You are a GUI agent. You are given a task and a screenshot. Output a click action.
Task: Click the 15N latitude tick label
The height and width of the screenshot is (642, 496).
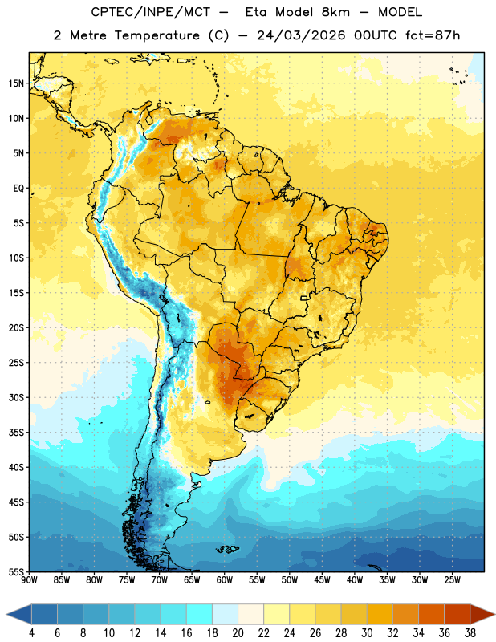click(x=16, y=83)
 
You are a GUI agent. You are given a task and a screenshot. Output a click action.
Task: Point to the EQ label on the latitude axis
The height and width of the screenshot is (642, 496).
click(x=18, y=189)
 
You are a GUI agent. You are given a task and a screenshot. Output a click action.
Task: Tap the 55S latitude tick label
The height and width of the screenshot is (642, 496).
click(x=16, y=571)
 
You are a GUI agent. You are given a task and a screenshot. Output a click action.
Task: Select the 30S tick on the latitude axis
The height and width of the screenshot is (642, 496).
click(x=16, y=397)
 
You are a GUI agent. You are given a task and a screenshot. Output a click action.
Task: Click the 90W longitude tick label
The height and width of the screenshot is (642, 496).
click(x=29, y=580)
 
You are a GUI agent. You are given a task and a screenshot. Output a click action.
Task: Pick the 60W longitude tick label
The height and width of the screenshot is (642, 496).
click(x=225, y=580)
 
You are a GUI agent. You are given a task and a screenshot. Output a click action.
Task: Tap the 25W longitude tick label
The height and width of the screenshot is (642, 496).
click(x=452, y=580)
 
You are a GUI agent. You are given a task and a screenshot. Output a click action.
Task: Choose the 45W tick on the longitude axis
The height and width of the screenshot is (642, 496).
click(x=322, y=580)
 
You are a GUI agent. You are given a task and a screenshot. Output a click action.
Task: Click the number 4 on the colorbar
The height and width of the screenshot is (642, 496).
click(x=31, y=633)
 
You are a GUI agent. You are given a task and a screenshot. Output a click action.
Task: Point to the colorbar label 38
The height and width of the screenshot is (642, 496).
click(x=470, y=633)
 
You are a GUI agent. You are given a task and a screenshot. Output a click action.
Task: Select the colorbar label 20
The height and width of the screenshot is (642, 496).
click(x=238, y=633)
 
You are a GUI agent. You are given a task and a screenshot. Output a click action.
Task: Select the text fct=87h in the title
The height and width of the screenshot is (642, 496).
click(x=433, y=35)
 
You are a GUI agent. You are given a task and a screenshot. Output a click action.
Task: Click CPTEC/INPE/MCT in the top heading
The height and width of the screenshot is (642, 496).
click(x=151, y=12)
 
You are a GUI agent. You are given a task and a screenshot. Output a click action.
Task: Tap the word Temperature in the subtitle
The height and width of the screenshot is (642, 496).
click(x=157, y=35)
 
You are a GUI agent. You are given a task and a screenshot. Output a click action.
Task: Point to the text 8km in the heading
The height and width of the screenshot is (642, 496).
click(x=335, y=12)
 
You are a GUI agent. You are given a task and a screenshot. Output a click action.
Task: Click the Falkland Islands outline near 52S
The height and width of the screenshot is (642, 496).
click(x=227, y=549)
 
